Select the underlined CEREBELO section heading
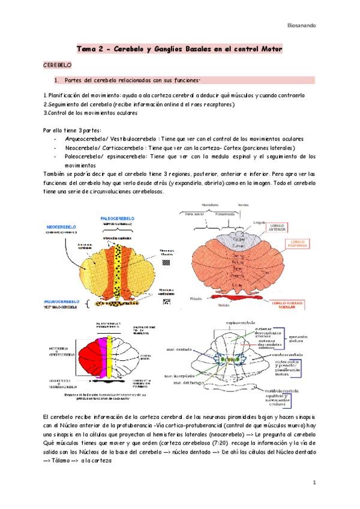pos(58,63)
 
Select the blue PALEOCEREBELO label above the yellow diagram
pos(118,218)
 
